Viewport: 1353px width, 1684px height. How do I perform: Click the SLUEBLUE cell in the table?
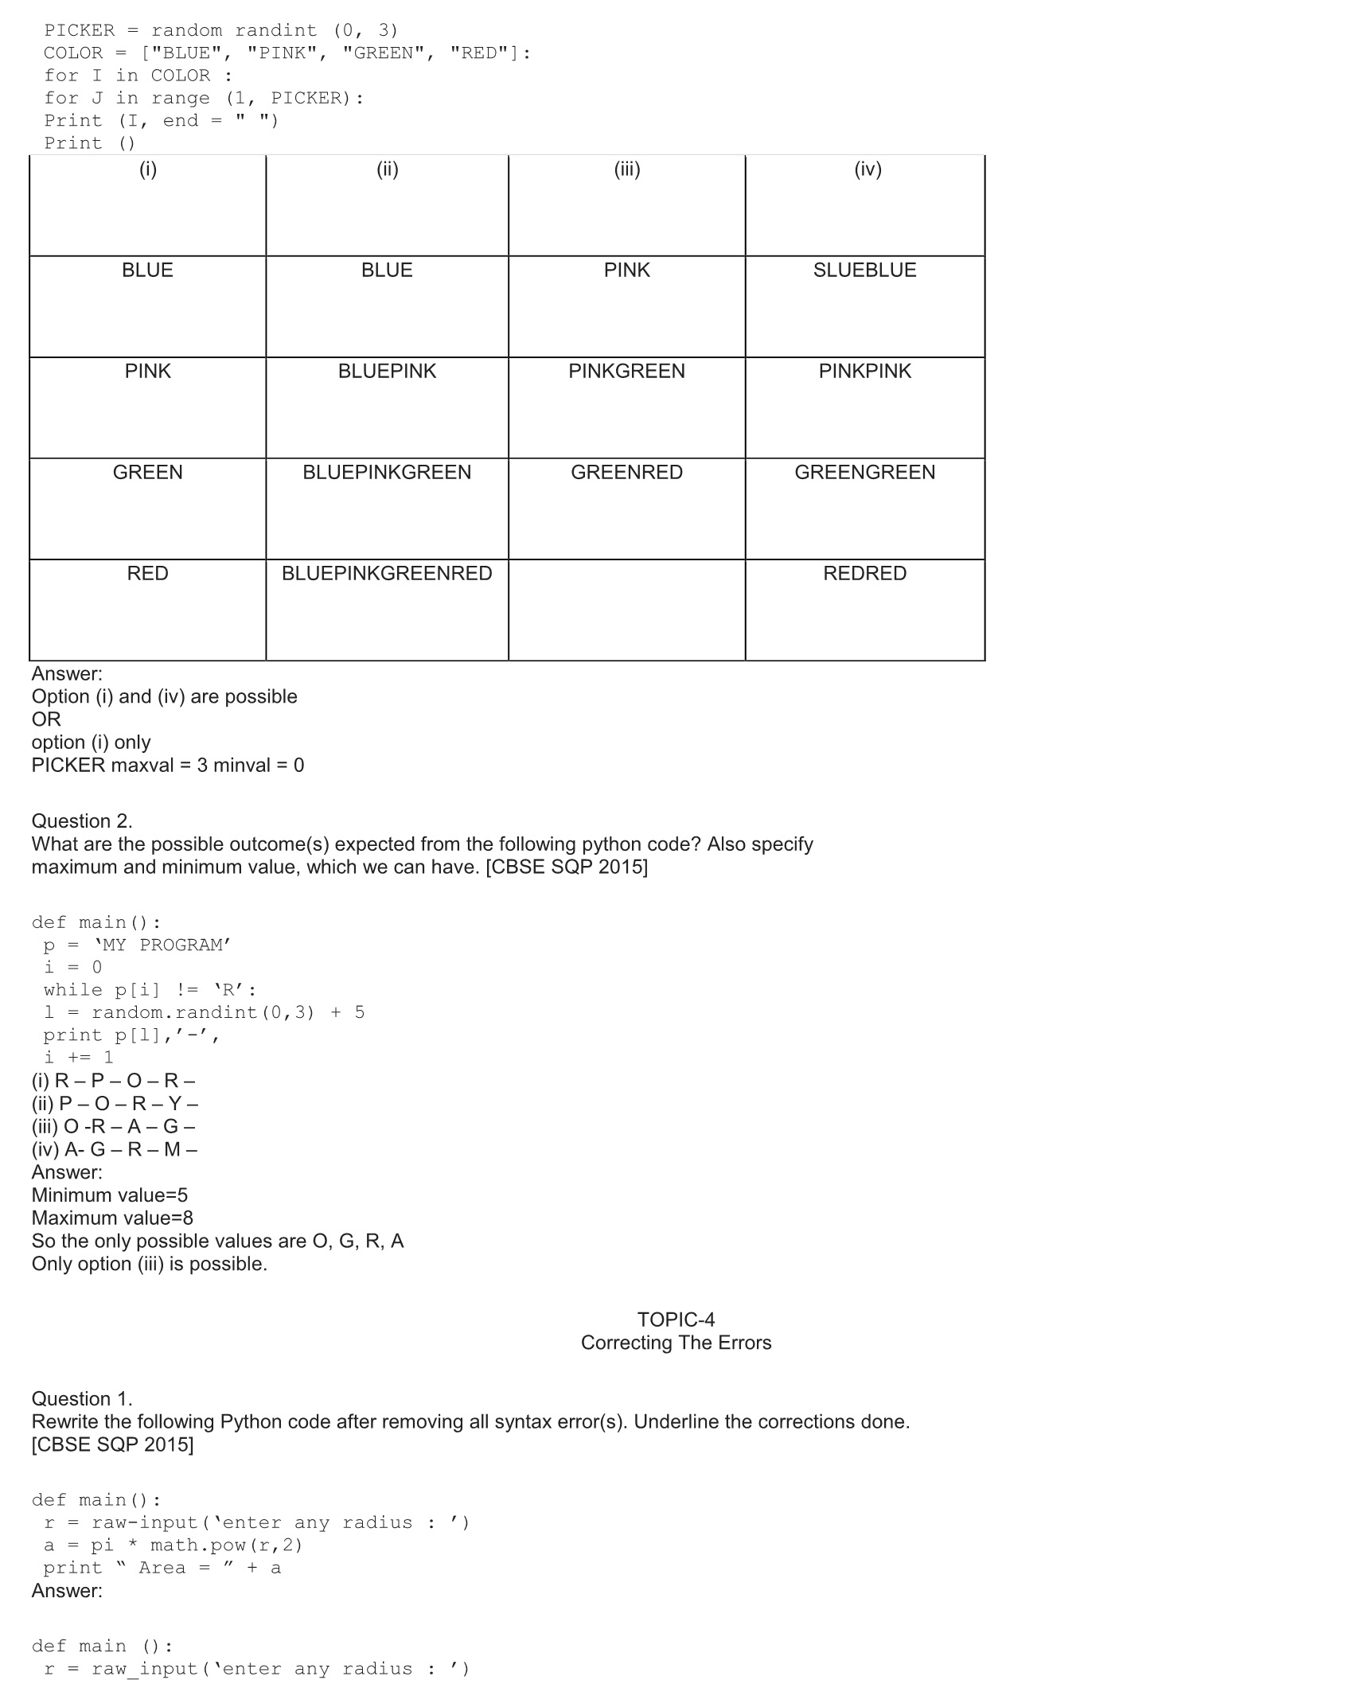(x=864, y=271)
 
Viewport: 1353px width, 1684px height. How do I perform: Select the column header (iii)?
(x=627, y=170)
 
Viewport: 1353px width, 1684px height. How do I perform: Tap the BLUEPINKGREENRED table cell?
(x=387, y=574)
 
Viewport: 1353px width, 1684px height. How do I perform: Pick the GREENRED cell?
(x=626, y=473)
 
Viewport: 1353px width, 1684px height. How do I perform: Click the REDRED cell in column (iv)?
(x=864, y=574)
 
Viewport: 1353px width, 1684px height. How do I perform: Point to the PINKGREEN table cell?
(x=626, y=372)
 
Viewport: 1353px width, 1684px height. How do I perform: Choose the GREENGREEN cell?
(x=864, y=473)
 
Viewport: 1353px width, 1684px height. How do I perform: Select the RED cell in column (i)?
(x=147, y=574)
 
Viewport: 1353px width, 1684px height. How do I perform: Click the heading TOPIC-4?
(x=676, y=1320)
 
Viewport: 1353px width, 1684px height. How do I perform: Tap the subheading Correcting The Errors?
(x=676, y=1343)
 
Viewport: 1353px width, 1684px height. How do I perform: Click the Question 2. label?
(x=82, y=821)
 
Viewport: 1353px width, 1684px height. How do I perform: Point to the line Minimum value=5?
(x=110, y=1195)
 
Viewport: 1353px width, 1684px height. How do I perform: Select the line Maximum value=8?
(x=112, y=1218)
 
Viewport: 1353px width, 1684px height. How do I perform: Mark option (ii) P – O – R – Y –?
(x=115, y=1104)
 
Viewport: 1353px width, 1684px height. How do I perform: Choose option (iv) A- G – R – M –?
(x=115, y=1149)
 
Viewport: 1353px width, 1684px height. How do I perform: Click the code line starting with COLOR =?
(x=287, y=53)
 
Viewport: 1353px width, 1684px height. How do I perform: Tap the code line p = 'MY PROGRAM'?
(x=137, y=945)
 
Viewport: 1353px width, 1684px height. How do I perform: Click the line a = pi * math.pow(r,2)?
(x=173, y=1546)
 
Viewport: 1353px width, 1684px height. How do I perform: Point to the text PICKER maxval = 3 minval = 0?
(x=168, y=766)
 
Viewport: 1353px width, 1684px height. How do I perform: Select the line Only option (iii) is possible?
(x=150, y=1264)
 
